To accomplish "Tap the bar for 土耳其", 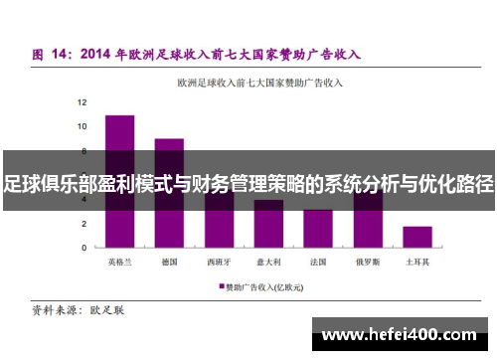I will (417, 237).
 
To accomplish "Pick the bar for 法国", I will (318, 229).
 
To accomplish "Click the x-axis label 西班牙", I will (219, 263).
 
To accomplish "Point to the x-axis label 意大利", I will (268, 263).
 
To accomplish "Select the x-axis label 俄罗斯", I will (368, 263).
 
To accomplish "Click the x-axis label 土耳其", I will (417, 263).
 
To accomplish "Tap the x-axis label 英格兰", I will (120, 263).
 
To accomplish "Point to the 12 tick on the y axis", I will (83, 102).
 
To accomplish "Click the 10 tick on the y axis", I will (83, 126).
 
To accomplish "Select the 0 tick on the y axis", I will (84, 247).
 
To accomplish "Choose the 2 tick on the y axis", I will (84, 223).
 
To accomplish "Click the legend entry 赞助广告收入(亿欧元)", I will (263, 285).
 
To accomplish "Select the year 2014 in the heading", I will (99, 53).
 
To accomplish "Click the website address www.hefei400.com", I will (401, 335).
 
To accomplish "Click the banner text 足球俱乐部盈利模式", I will (83, 184).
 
